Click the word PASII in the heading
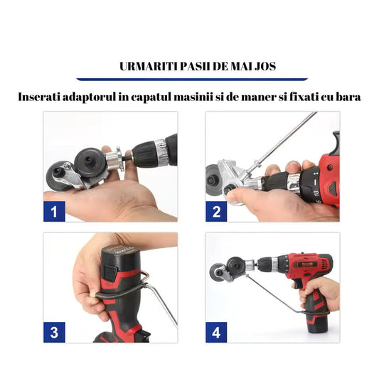[x=194, y=67]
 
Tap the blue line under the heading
[x=189, y=78]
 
